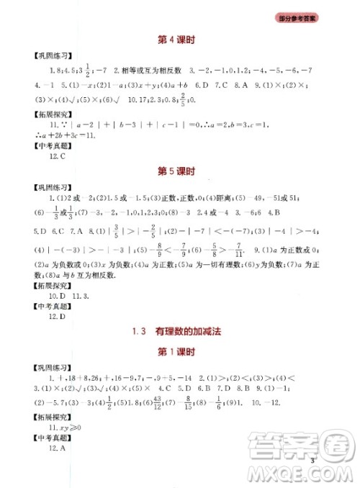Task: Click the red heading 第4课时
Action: [179, 39]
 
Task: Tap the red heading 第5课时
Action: [179, 173]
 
